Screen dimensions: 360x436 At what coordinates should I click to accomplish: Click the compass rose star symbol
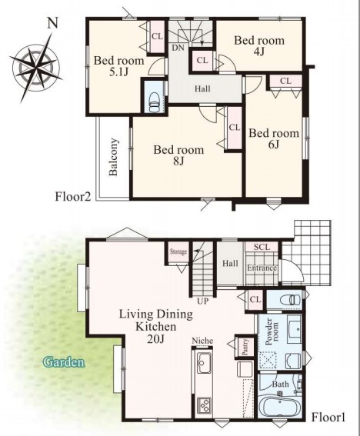[x=35, y=68]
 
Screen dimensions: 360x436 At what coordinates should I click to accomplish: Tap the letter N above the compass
[x=52, y=23]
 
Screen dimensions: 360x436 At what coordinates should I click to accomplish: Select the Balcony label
[x=114, y=157]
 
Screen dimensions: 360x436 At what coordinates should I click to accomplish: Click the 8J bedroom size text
[x=178, y=161]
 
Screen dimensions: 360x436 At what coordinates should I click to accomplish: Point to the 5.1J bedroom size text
[x=118, y=72]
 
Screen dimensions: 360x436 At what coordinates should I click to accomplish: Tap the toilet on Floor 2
[x=154, y=102]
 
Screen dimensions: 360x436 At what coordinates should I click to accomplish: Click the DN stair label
[x=178, y=48]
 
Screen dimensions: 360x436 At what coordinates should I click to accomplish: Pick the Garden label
[x=64, y=362]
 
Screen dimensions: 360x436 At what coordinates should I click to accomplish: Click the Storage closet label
[x=178, y=251]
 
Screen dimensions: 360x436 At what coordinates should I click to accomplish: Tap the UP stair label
[x=202, y=301]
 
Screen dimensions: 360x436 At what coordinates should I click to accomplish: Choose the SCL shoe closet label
[x=262, y=247]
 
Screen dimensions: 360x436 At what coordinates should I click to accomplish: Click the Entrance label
[x=262, y=268]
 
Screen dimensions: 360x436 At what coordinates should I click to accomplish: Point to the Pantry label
[x=245, y=347]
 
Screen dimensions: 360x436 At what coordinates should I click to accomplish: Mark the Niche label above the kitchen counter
[x=202, y=341]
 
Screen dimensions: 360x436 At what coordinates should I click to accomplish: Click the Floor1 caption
[x=328, y=417]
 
